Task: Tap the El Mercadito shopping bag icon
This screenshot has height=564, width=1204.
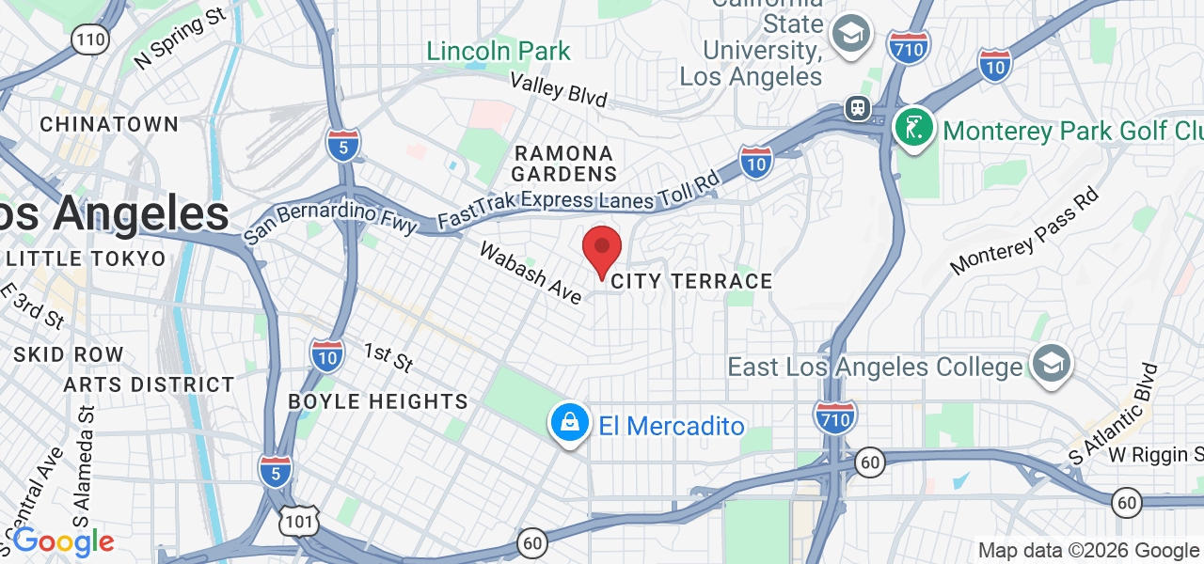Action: pos(569,425)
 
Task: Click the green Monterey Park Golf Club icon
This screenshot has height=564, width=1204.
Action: pos(912,129)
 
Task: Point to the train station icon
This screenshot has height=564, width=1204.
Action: pos(857,108)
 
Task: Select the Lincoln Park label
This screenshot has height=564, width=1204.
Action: pos(499,51)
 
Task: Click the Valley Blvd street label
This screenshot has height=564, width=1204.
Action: pos(559,89)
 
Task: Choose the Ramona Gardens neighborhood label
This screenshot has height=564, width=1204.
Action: pos(564,163)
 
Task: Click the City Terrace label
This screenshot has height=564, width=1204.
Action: pos(691,281)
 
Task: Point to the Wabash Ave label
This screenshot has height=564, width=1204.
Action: pos(531,273)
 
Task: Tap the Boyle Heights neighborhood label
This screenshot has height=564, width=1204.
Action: pos(378,401)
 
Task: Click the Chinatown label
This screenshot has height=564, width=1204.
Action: pos(109,124)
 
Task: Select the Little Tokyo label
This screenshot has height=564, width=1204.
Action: pos(87,258)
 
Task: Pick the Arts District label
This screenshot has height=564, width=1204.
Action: pos(149,384)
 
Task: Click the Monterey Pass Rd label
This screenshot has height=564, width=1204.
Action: pos(1023,231)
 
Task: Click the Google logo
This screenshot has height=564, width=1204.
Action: pos(63,541)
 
